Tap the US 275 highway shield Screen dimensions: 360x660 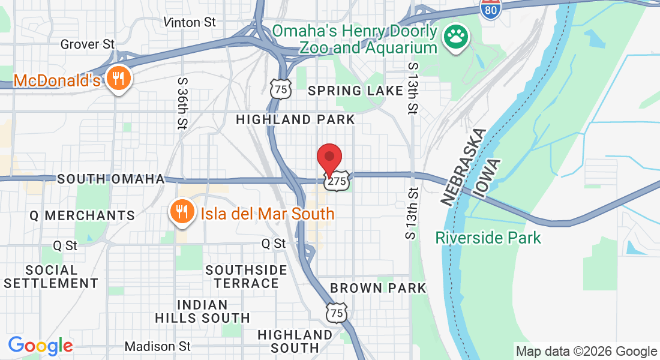[336, 181]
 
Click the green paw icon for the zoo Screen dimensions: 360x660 [457, 39]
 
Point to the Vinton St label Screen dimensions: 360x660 [190, 22]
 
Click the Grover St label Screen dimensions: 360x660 [88, 44]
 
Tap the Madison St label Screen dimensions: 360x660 [158, 346]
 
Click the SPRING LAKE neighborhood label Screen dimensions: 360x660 [355, 91]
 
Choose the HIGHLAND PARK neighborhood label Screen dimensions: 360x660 [296, 119]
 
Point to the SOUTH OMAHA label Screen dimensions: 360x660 [111, 179]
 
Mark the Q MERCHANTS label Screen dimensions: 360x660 [82, 215]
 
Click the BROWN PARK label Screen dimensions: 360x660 [378, 288]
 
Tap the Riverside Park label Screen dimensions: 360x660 [488, 238]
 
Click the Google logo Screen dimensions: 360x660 [41, 346]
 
